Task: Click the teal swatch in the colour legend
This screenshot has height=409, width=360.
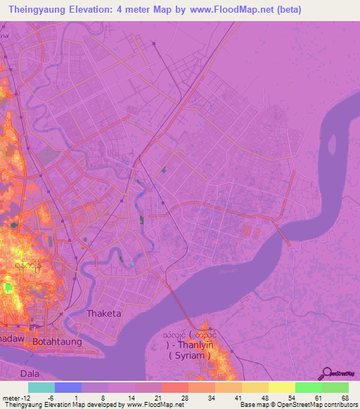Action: pyautogui.click(x=41, y=387)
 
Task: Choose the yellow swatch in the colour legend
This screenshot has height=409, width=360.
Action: pyautogui.click(x=281, y=387)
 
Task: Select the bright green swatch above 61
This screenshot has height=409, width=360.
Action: pyautogui.click(x=308, y=387)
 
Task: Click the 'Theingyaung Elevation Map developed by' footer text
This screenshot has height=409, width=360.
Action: pyautogui.click(x=63, y=404)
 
